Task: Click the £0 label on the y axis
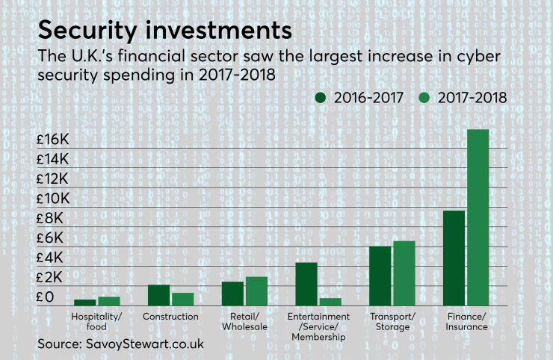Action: [47, 297]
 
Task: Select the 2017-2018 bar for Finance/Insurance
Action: [478, 217]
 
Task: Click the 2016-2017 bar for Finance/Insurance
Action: [454, 258]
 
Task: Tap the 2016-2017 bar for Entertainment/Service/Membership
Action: [306, 284]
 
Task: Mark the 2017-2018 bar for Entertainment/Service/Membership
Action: [330, 302]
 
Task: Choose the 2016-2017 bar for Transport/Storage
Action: [380, 276]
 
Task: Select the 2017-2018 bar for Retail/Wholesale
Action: [256, 291]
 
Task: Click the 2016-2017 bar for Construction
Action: [158, 295]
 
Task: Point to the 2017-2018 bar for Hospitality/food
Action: [109, 301]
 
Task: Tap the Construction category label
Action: [170, 317]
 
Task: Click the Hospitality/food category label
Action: [96, 321]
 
